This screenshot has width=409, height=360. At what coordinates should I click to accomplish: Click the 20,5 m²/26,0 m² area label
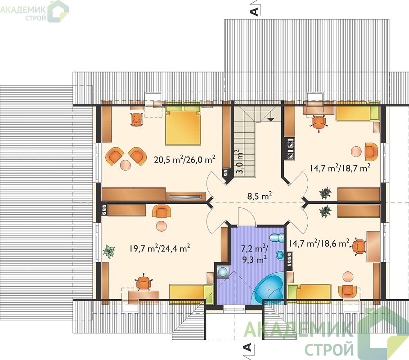tap(184, 159)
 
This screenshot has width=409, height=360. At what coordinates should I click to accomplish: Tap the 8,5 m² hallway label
tap(260, 196)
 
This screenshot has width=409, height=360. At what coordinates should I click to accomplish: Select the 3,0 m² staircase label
tap(239, 162)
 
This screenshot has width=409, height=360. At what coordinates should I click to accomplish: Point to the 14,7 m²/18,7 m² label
tap(340, 168)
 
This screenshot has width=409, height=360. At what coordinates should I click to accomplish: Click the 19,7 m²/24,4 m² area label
tap(159, 248)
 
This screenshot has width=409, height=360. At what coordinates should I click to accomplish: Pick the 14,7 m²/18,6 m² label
tap(319, 243)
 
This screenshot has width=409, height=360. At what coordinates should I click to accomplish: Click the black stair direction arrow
tap(271, 120)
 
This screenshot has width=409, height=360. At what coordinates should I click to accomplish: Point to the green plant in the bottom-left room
tap(109, 251)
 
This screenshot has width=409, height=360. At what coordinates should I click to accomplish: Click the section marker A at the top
tap(255, 12)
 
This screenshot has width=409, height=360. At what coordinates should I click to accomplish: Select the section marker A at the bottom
tap(247, 347)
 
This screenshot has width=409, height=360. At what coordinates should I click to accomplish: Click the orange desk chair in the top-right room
tap(319, 122)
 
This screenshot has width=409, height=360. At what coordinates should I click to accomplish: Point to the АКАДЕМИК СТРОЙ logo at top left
tap(34, 11)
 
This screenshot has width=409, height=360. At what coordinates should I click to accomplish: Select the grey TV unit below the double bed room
tap(186, 196)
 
